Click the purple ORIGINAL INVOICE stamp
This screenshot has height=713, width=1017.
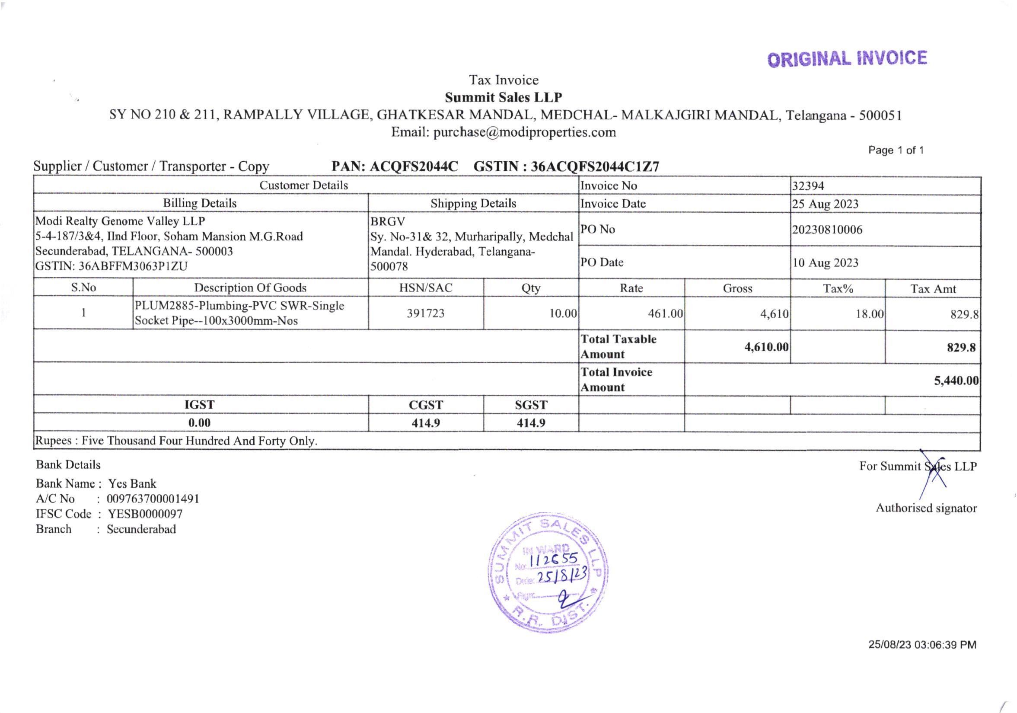pyautogui.click(x=846, y=59)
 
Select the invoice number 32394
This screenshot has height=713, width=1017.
pyautogui.click(x=808, y=185)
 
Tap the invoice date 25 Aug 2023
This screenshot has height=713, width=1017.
pyautogui.click(x=825, y=204)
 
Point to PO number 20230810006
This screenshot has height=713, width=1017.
pyautogui.click(x=827, y=230)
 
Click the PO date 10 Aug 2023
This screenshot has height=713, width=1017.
pyautogui.click(x=825, y=263)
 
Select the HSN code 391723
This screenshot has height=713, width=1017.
pyautogui.click(x=425, y=313)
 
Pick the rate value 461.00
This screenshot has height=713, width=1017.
pyautogui.click(x=665, y=314)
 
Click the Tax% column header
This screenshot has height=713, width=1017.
pyautogui.click(x=838, y=288)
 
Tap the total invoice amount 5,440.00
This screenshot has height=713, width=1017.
pyautogui.click(x=956, y=380)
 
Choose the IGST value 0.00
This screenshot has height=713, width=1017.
pyautogui.click(x=199, y=423)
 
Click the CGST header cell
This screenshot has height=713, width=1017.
pyautogui.click(x=425, y=405)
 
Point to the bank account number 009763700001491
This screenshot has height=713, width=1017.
pyautogui.click(x=153, y=499)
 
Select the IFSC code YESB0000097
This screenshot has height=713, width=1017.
pyautogui.click(x=145, y=514)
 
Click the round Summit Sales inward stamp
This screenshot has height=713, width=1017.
pyautogui.click(x=548, y=572)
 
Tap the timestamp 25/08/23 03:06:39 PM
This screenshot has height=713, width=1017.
pyautogui.click(x=922, y=645)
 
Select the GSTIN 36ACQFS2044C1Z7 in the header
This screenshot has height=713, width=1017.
pyautogui.click(x=595, y=166)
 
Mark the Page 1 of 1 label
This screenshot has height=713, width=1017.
pyautogui.click(x=896, y=150)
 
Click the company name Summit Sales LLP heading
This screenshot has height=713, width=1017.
pyautogui.click(x=503, y=97)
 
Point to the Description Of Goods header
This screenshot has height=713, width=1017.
pyautogui.click(x=250, y=288)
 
